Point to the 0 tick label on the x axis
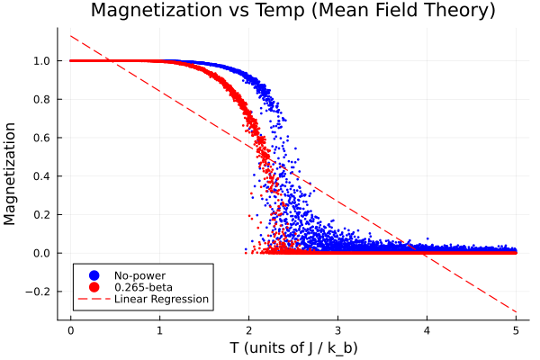(x=71, y=330)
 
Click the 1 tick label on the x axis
(x=160, y=330)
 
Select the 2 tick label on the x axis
(x=249, y=330)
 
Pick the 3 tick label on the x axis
(x=338, y=330)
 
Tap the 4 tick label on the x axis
(x=427, y=330)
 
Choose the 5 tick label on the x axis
(x=517, y=330)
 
